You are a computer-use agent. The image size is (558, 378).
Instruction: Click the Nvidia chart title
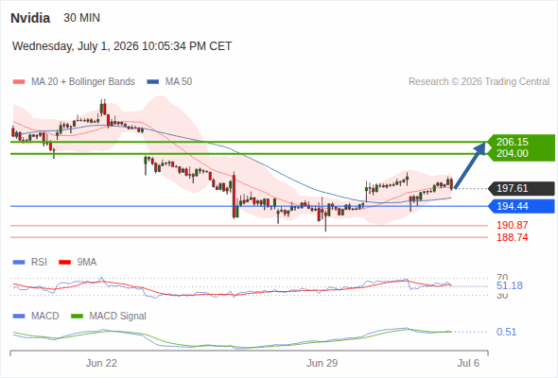pyautogui.click(x=30, y=18)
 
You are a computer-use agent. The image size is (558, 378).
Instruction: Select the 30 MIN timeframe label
pyautogui.click(x=82, y=18)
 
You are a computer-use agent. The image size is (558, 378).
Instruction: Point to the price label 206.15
pyautogui.click(x=513, y=142)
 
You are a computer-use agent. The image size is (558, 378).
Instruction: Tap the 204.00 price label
pyautogui.click(x=513, y=153)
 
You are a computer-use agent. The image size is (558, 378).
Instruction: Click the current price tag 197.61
pyautogui.click(x=513, y=188)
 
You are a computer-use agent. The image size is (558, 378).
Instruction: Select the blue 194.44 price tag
pyautogui.click(x=513, y=206)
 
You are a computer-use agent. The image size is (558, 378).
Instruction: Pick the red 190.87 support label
pyautogui.click(x=513, y=225)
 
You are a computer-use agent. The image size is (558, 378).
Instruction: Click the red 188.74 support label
pyautogui.click(x=513, y=237)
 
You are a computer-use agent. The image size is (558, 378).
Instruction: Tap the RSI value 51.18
pyautogui.click(x=510, y=285)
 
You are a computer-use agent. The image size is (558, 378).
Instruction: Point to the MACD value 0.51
pyautogui.click(x=506, y=332)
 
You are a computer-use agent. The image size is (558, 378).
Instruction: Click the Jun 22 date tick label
pyautogui.click(x=101, y=363)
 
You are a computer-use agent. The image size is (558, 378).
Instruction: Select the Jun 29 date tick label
pyautogui.click(x=323, y=363)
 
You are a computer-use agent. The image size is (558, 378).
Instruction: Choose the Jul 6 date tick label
pyautogui.click(x=468, y=363)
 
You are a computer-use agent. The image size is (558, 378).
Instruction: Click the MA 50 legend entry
pyautogui.click(x=169, y=82)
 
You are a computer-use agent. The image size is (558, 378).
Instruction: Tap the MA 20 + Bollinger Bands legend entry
pyautogui.click(x=74, y=82)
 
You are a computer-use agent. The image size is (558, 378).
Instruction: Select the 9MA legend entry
pyautogui.click(x=78, y=262)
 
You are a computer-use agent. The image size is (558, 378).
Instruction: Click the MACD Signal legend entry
pyautogui.click(x=109, y=316)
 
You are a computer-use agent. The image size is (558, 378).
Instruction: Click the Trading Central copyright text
pyautogui.click(x=479, y=82)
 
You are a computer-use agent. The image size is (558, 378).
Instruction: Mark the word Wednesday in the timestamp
pyautogui.click(x=43, y=46)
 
